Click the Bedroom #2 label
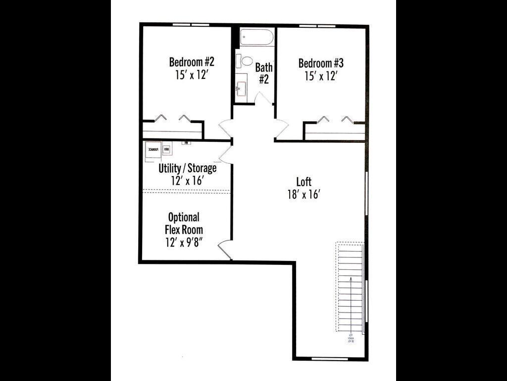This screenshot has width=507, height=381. coord(192,62)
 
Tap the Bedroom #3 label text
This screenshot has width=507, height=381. coord(321,63)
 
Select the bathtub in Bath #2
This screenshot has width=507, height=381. coord(256,37)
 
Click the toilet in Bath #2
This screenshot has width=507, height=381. coord(245,61)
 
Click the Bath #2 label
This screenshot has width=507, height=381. coord(264,73)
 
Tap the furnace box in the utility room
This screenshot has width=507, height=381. coord(152,149)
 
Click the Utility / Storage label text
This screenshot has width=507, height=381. coord(187,168)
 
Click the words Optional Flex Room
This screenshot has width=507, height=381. coord(184,223)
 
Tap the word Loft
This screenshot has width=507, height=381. coord(304,182)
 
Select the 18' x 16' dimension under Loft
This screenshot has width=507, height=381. coord(304,194)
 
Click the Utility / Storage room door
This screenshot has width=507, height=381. coord(225,153)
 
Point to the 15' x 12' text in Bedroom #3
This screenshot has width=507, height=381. coord(321,76)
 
